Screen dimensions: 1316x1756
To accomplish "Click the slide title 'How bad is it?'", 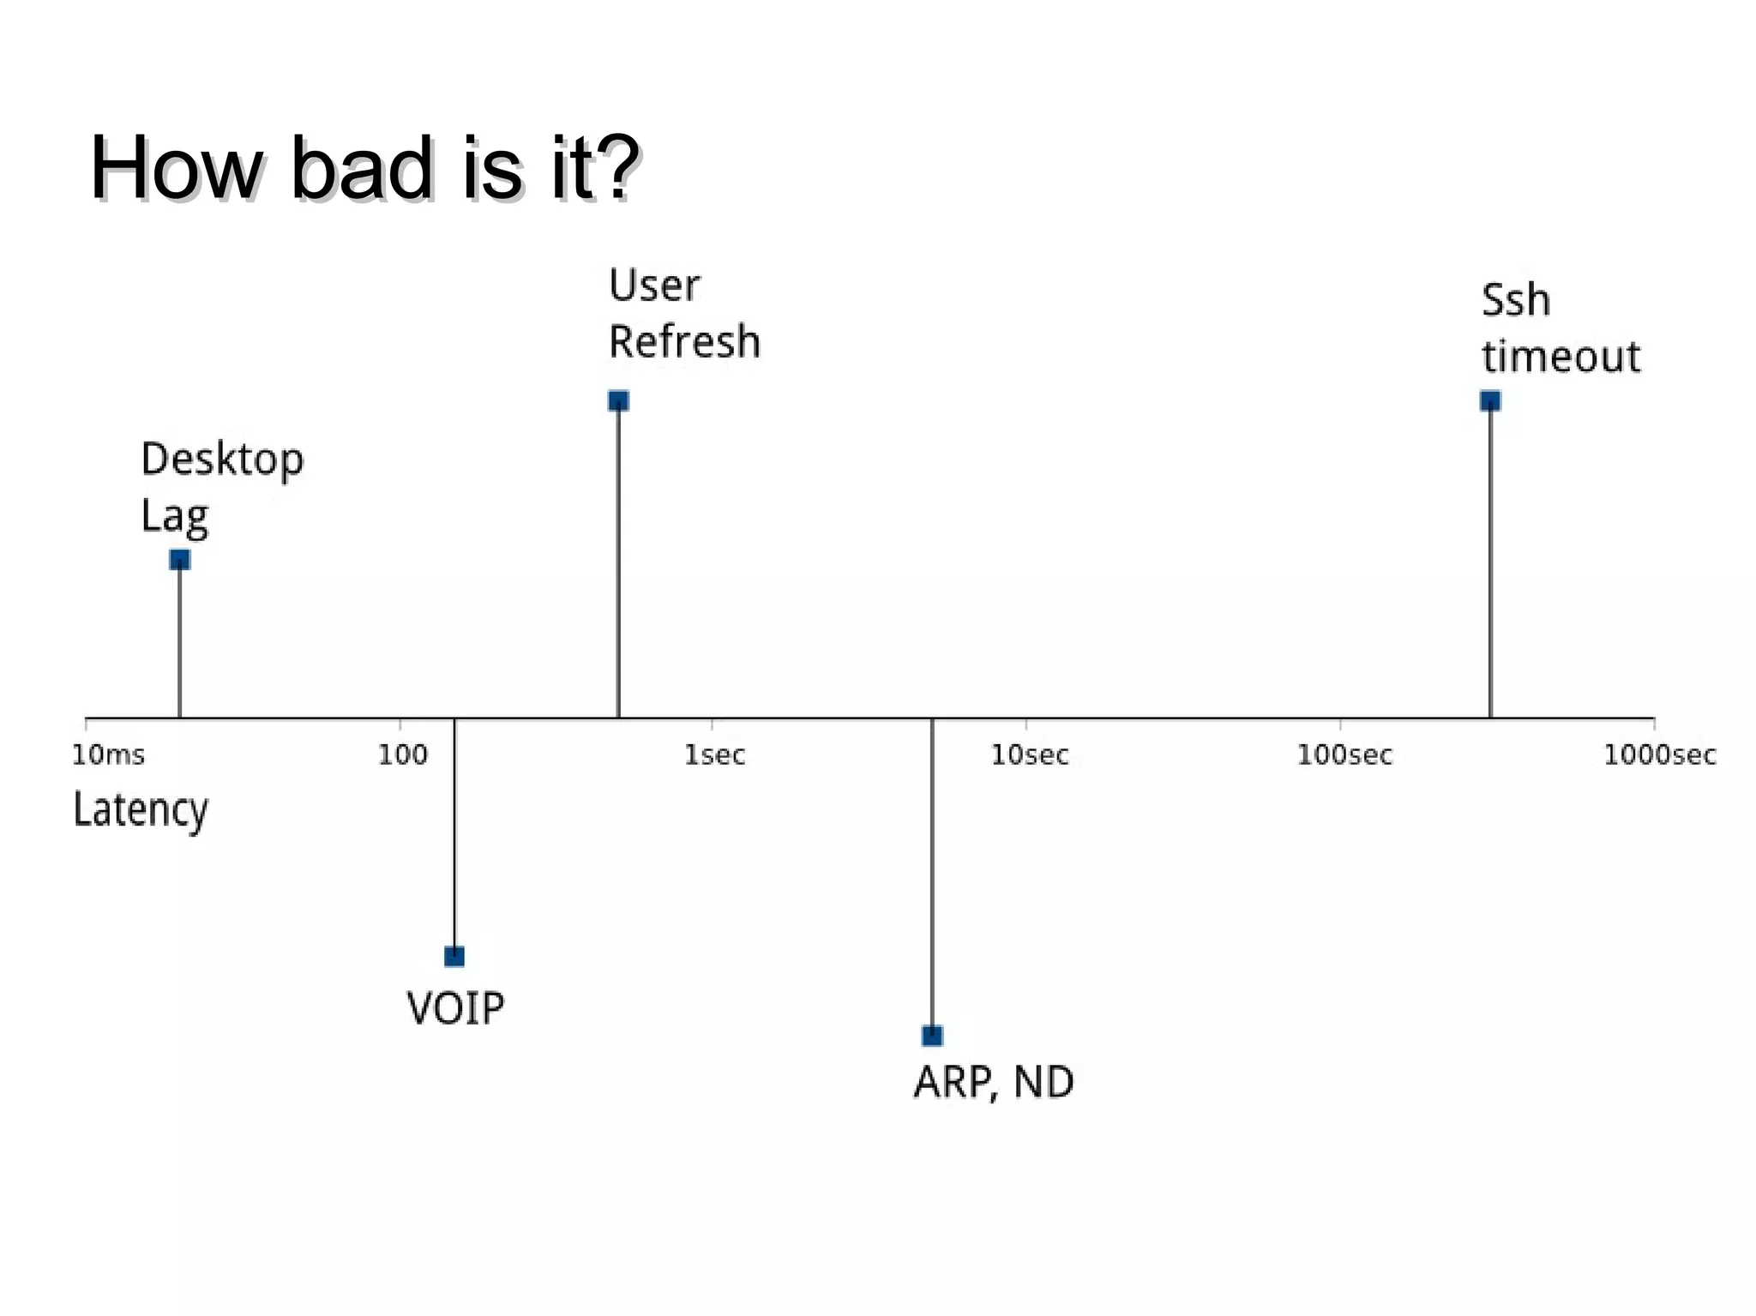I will click(x=364, y=168).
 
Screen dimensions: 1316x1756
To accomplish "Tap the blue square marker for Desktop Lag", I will click(x=179, y=561).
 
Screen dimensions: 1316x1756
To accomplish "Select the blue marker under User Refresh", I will click(x=618, y=401).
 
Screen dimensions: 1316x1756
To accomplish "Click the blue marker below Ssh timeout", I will click(x=1490, y=401).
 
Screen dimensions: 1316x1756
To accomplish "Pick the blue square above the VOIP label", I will click(x=454, y=956).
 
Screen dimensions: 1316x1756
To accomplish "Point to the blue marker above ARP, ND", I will click(x=932, y=1036).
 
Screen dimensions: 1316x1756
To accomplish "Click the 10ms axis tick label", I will click(x=108, y=755).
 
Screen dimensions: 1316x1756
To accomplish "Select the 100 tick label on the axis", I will click(x=402, y=755).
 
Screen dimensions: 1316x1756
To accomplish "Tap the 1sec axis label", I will click(x=714, y=755).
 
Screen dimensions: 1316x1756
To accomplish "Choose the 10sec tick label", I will click(x=1030, y=755).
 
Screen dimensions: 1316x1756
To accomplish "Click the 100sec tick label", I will click(x=1344, y=755).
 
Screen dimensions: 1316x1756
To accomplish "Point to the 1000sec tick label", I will click(x=1659, y=755).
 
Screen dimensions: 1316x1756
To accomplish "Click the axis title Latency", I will click(x=141, y=810).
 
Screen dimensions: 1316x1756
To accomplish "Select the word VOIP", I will click(x=455, y=1008).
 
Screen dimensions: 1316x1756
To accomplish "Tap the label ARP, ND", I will click(x=994, y=1083).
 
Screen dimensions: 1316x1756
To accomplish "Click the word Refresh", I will click(x=684, y=342).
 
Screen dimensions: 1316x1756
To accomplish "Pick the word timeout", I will click(x=1561, y=357).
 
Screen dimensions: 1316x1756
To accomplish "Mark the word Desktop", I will click(x=222, y=460).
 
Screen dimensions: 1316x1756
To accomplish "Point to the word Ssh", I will click(x=1515, y=301).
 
